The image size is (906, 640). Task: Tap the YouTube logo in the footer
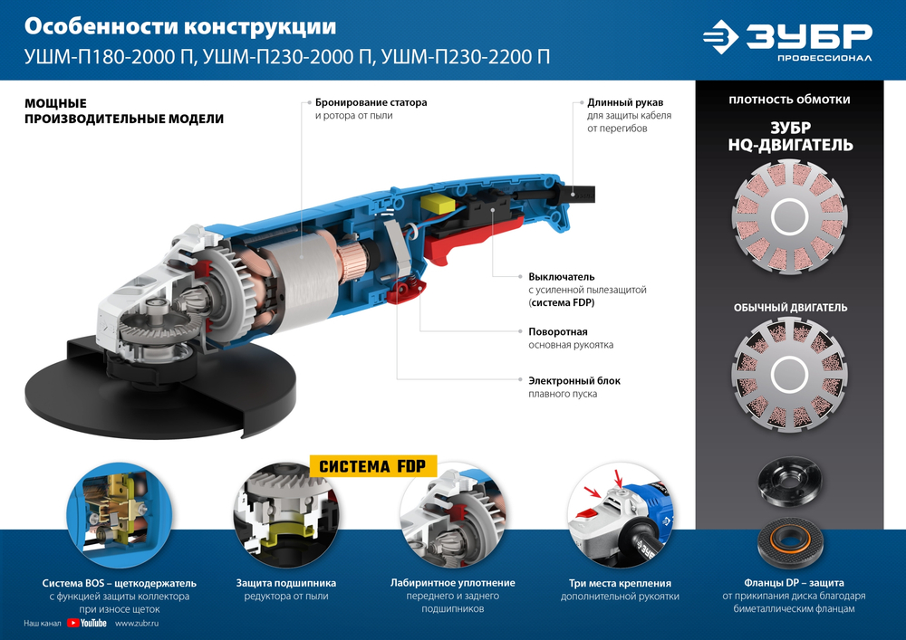86,623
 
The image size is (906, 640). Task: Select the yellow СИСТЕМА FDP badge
374,466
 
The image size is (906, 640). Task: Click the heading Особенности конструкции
180,26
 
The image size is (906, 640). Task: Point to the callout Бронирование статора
371,103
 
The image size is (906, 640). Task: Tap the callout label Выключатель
561,275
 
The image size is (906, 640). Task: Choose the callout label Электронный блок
574,380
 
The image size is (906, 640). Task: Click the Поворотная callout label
558,331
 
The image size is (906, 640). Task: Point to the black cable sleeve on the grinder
577,192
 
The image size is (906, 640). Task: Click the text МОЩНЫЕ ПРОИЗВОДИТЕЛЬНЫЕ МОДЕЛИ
123,111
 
